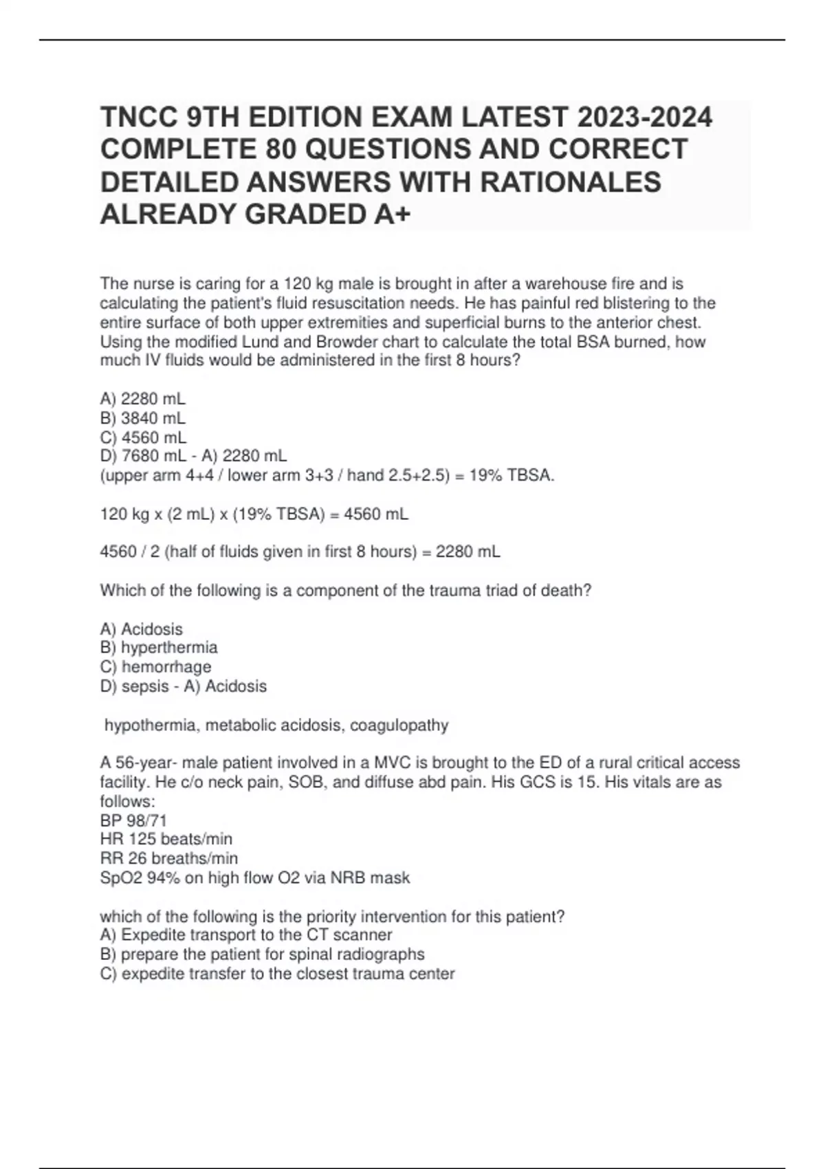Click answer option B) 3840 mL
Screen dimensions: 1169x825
pyautogui.click(x=143, y=418)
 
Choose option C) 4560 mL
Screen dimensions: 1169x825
pyautogui.click(x=143, y=437)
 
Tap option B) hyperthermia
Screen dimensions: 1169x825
pyautogui.click(x=159, y=648)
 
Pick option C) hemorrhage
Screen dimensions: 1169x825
pyautogui.click(x=156, y=667)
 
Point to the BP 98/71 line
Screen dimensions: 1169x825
pyautogui.click(x=133, y=820)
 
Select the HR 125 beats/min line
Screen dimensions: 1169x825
pyautogui.click(x=166, y=839)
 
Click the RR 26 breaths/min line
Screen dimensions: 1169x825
pyautogui.click(x=169, y=858)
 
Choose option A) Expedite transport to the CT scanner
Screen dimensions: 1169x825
pyautogui.click(x=246, y=935)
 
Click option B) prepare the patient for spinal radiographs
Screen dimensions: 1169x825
pyautogui.click(x=262, y=954)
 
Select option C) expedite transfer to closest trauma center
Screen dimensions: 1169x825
pyautogui.click(x=277, y=974)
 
